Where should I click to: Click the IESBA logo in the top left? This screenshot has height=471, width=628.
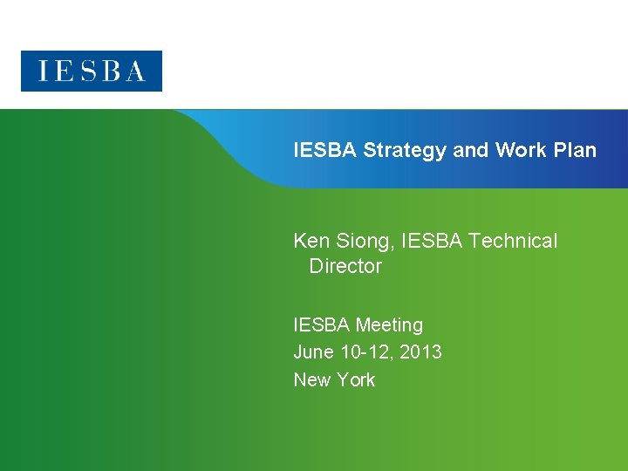coord(92,71)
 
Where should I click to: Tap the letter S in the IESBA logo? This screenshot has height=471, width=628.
coord(92,71)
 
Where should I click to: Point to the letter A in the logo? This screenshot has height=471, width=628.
coord(133,71)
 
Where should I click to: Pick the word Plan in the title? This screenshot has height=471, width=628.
coord(574,150)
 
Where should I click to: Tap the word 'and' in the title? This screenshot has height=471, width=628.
coord(471,150)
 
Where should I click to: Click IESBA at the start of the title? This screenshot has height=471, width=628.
coord(325,150)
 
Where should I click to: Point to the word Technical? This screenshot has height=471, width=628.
coord(513,241)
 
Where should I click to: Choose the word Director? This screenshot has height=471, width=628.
coord(345,266)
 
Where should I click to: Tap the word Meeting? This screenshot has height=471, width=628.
coord(388,325)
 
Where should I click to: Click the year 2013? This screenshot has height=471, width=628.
coord(421,352)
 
